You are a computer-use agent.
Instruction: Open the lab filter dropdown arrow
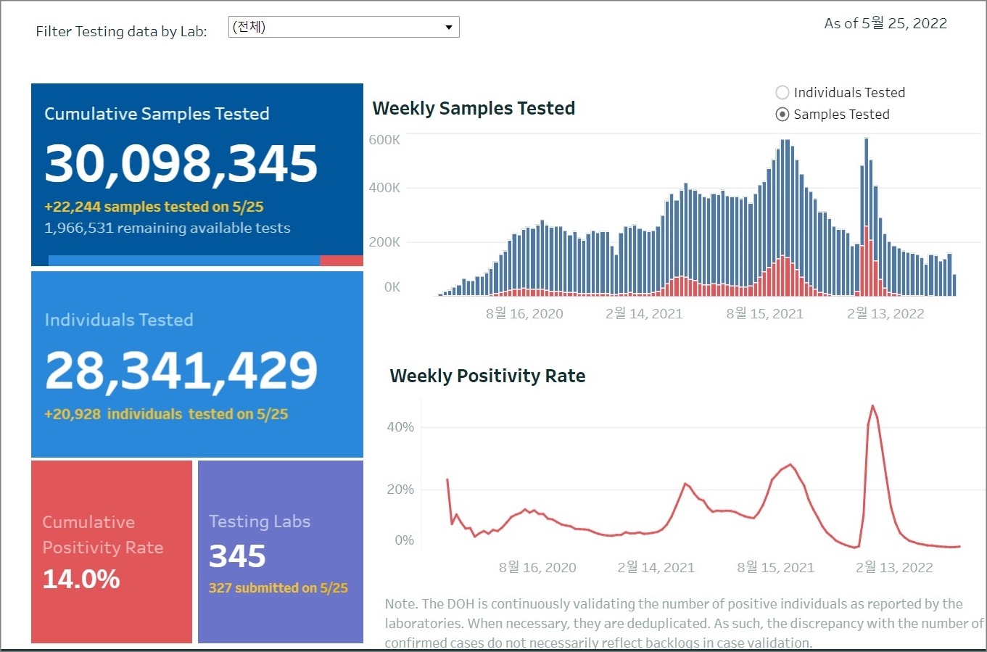[449, 28]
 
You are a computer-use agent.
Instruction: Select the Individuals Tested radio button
[782, 93]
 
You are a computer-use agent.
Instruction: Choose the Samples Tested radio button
[782, 115]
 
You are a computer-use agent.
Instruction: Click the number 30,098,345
[181, 163]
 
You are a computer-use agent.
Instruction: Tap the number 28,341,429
[181, 371]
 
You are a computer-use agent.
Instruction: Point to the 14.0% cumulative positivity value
[81, 579]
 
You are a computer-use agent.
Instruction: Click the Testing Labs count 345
[237, 556]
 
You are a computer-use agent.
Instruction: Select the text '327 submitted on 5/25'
[278, 588]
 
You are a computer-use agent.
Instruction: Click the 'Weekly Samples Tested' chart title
[474, 109]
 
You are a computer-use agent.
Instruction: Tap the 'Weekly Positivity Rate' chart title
[487, 376]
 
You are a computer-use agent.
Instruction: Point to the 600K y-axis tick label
[384, 140]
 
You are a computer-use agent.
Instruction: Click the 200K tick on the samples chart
[384, 242]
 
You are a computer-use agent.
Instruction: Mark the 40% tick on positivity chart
[400, 427]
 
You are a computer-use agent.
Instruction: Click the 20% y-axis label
[400, 490]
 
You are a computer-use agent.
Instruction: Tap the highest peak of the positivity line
[872, 406]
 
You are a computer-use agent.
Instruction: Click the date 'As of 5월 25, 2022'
[885, 24]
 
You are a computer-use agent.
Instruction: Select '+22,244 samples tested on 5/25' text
[154, 207]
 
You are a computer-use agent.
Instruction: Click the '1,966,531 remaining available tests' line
[168, 228]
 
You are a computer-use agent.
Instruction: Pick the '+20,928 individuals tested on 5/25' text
[166, 415]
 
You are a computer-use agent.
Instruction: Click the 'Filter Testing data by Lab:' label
[121, 32]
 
